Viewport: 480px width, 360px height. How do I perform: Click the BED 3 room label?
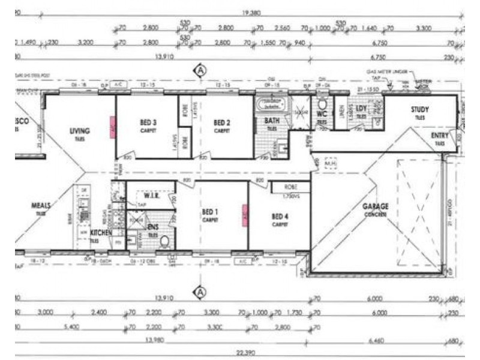tap(148, 122)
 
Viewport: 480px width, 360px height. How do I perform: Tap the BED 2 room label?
tap(222, 122)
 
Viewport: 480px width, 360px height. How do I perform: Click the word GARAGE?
tap(376, 206)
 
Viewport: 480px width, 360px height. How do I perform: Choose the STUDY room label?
tap(419, 109)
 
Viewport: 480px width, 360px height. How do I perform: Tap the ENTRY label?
tap(440, 136)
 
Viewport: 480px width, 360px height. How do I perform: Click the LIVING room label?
tap(79, 131)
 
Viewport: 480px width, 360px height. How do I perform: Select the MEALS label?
tap(41, 205)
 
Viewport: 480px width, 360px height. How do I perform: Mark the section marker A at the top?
tap(200, 71)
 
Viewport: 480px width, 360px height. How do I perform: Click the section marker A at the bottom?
tap(200, 292)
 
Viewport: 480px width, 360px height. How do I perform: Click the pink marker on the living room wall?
tap(112, 125)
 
